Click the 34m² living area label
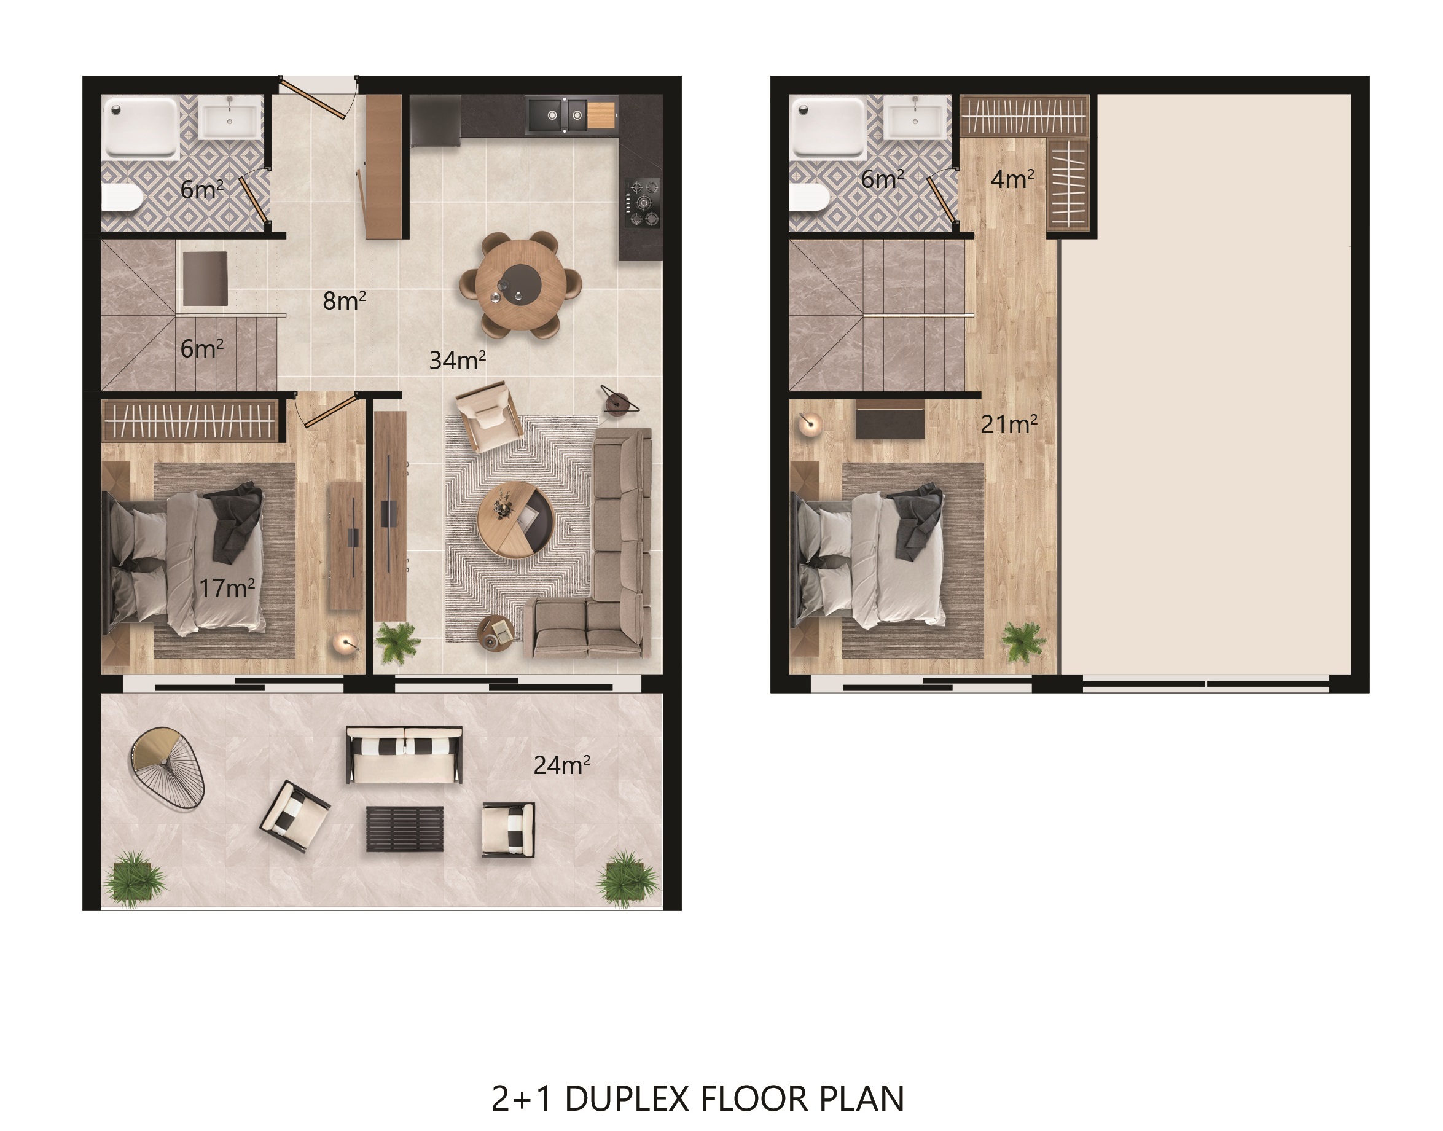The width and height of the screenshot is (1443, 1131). point(458,360)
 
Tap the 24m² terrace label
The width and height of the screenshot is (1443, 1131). point(561,765)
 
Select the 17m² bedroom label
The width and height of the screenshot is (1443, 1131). point(227,588)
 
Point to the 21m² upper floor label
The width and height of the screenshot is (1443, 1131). point(1009,425)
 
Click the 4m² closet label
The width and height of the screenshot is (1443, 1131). point(1012,179)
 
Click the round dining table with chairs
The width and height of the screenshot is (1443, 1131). point(520,284)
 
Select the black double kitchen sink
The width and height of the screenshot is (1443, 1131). point(557,115)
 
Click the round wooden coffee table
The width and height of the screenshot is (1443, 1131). point(516,519)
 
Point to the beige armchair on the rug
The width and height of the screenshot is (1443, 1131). point(489,415)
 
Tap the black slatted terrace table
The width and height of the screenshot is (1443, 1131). point(405,828)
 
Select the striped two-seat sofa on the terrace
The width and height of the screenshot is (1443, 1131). point(404,755)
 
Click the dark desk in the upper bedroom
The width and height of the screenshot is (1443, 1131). point(890,418)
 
